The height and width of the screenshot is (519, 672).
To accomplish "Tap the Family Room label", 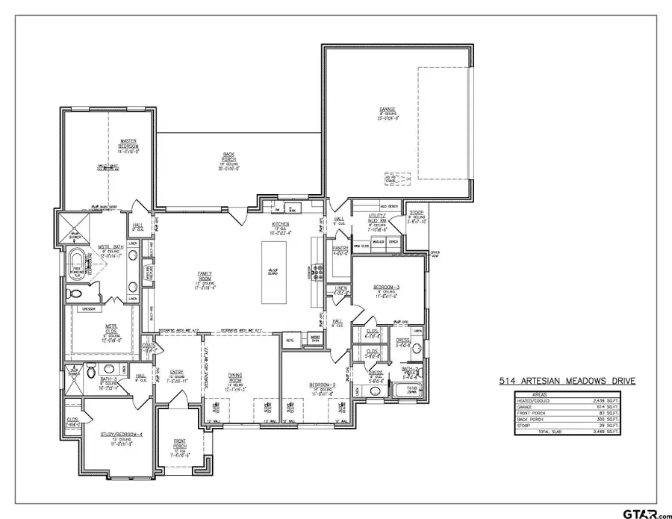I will point(199,274).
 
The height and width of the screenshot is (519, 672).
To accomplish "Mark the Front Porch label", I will point(180,447).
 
